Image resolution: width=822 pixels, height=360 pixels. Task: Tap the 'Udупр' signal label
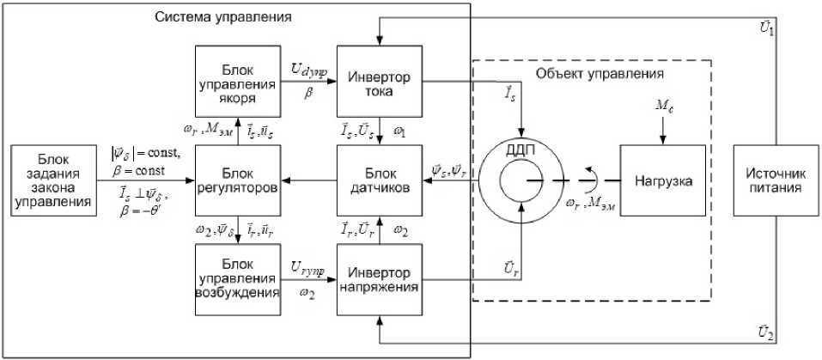pyautogui.click(x=307, y=67)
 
